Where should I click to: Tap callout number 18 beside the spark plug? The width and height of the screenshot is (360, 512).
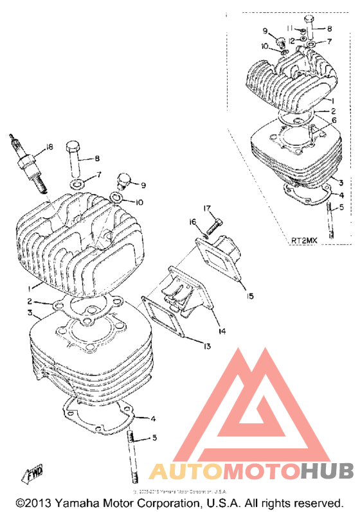[x=49, y=149]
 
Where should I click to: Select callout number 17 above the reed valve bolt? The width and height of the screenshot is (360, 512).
[x=208, y=207]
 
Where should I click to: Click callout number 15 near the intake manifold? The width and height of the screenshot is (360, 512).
[x=249, y=296]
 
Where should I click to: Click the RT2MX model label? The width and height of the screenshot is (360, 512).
[x=304, y=240]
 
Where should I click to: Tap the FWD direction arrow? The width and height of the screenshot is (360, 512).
[x=33, y=477]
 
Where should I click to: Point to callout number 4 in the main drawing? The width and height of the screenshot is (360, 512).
[x=153, y=419]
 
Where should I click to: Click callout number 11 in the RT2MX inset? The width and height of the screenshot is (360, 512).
[x=289, y=28]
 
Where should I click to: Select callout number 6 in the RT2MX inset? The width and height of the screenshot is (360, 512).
[x=334, y=119]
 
